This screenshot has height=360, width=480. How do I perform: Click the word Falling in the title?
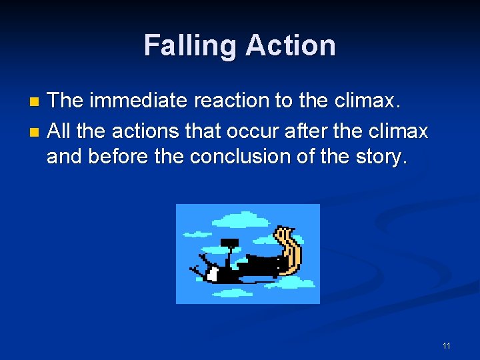coord(190,46)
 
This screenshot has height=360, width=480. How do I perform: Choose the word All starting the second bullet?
coord(59,131)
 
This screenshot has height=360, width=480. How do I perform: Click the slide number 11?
coord(446,345)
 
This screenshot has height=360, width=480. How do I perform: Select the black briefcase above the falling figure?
coord(229,242)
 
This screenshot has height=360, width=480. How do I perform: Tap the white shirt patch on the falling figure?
coord(213,273)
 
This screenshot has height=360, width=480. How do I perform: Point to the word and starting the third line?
coord(65,157)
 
